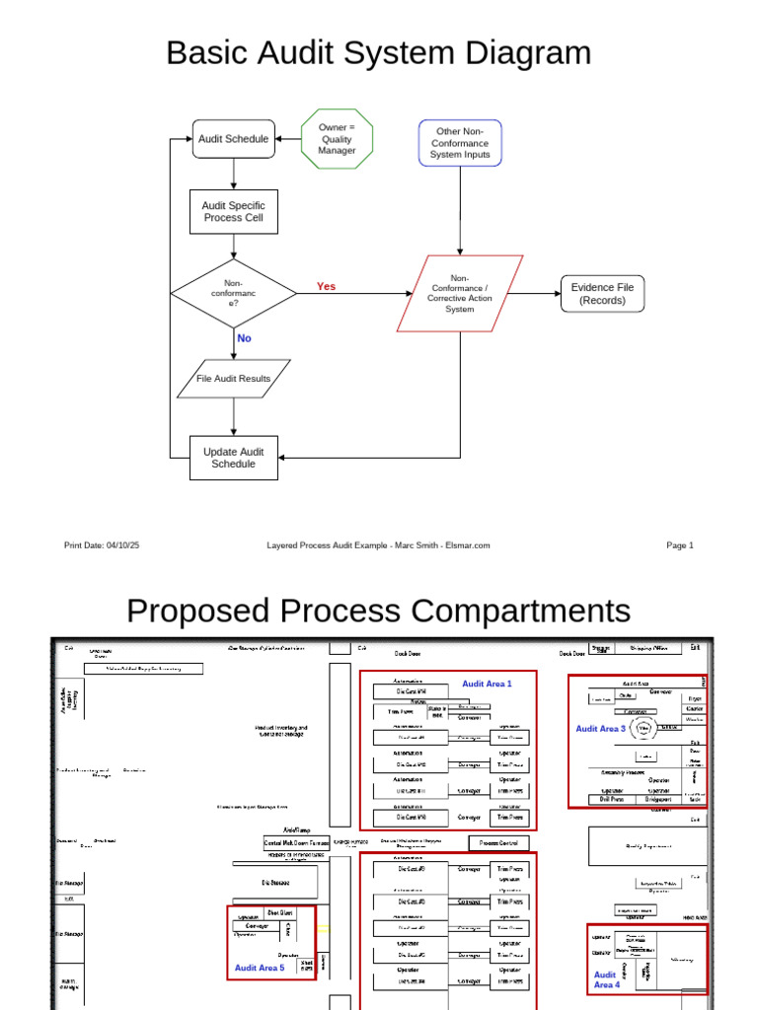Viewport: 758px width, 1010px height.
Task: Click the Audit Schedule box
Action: [233, 139]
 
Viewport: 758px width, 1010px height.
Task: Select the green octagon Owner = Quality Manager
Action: [337, 139]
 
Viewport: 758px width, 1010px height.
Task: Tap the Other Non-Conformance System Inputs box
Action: [460, 143]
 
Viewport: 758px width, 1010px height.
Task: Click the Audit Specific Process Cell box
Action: [233, 212]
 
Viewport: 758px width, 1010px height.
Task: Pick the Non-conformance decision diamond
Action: [233, 293]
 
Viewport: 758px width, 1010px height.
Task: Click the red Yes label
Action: [326, 287]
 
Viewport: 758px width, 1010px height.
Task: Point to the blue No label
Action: [244, 338]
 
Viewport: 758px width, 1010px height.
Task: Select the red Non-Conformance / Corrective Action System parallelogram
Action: [459, 294]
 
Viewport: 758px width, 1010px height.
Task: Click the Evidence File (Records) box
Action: [602, 294]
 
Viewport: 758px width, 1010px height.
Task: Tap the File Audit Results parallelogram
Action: [233, 379]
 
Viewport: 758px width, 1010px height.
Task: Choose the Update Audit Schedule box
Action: [233, 458]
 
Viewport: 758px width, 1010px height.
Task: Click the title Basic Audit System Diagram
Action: [378, 52]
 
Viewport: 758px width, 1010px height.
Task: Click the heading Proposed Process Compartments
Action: [378, 610]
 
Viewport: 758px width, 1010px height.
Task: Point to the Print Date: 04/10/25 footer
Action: [102, 545]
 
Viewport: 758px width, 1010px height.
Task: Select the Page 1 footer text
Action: [680, 545]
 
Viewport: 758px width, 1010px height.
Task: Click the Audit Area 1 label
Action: [487, 684]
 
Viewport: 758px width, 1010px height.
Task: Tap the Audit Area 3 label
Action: [601, 729]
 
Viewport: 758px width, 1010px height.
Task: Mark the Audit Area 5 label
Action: [260, 968]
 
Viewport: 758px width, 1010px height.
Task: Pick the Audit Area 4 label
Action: [606, 979]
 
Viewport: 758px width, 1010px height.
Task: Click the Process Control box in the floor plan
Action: [498, 843]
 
